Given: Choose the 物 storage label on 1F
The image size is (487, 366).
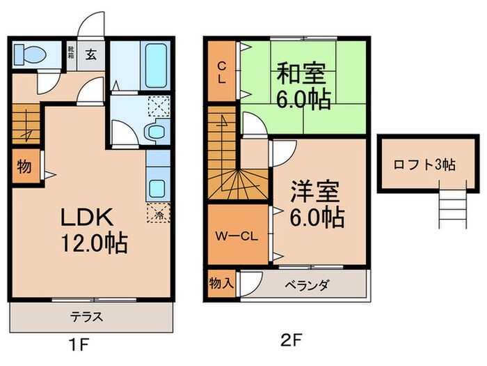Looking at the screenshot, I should (x=23, y=167).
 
